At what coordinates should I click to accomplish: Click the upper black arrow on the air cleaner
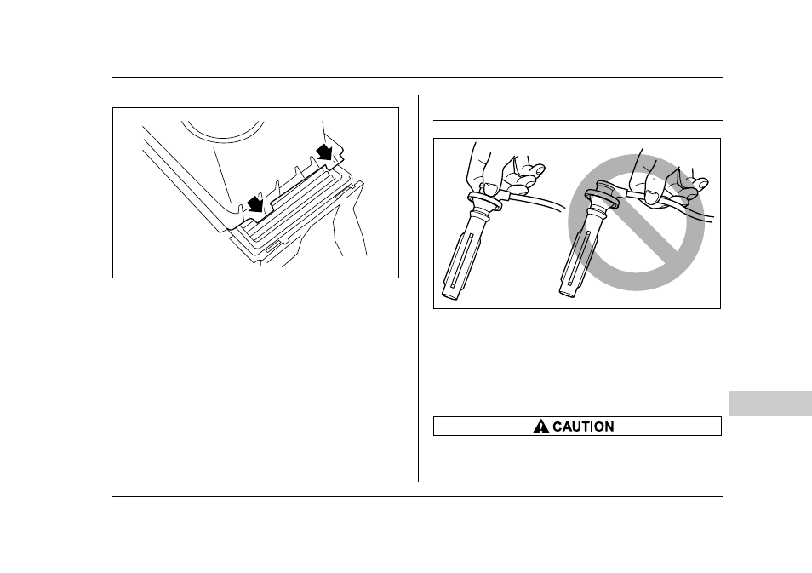coord(325,152)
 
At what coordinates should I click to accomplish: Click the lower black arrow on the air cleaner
coord(256,203)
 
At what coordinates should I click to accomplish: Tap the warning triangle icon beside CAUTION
coord(540,427)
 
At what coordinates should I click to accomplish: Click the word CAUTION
coord(583,427)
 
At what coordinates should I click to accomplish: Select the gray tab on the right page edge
coord(770,404)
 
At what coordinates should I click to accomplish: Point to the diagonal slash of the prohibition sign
coord(637,222)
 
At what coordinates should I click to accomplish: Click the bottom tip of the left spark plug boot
coord(451,295)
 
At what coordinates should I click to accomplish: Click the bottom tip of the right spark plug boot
coord(568,294)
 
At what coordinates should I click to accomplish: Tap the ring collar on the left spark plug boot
coord(484,200)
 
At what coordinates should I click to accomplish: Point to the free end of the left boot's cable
coord(563,206)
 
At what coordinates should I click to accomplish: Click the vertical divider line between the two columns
coord(419,289)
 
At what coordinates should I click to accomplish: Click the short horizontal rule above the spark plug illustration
coord(578,120)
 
